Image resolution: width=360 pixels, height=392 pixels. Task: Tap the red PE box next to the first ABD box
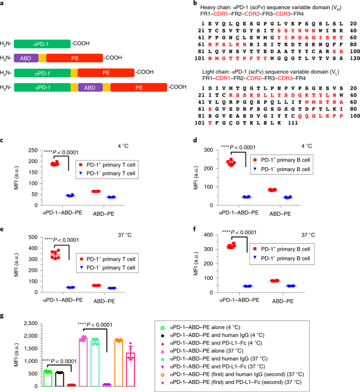[x=75, y=58]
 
